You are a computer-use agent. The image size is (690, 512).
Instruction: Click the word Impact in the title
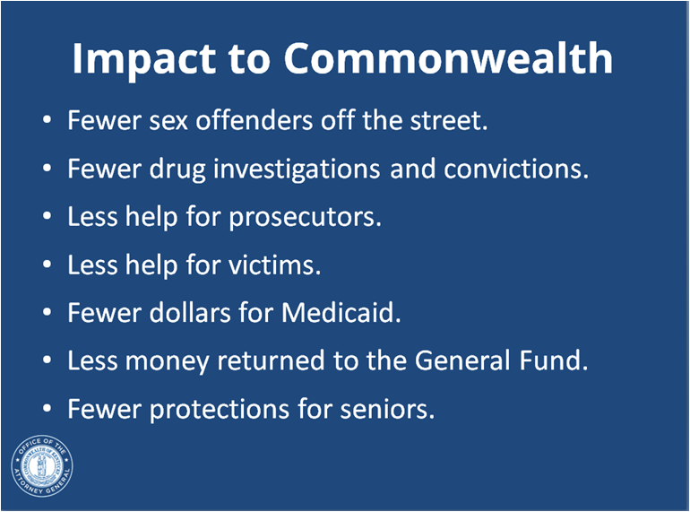(144, 60)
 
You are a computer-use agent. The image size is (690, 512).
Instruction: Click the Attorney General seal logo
(42, 465)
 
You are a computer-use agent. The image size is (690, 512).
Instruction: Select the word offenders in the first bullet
(254, 120)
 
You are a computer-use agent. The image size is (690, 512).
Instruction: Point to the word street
(449, 120)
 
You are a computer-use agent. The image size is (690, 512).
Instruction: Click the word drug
(177, 169)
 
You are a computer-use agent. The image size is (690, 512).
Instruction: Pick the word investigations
(297, 169)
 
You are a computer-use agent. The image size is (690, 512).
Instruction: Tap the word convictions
(516, 169)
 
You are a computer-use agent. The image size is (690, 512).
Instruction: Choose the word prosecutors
(305, 218)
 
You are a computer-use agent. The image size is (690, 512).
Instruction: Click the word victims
(274, 265)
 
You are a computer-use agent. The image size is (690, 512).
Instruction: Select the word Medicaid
(341, 313)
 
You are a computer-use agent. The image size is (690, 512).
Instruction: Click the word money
(168, 362)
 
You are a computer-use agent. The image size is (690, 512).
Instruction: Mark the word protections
(220, 410)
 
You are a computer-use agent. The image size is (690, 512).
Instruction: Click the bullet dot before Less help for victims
(47, 265)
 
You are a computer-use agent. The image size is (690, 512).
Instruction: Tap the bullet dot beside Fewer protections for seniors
(47, 408)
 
